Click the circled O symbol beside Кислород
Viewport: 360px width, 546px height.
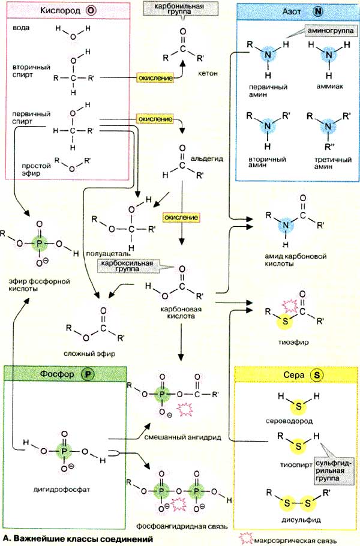91,11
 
